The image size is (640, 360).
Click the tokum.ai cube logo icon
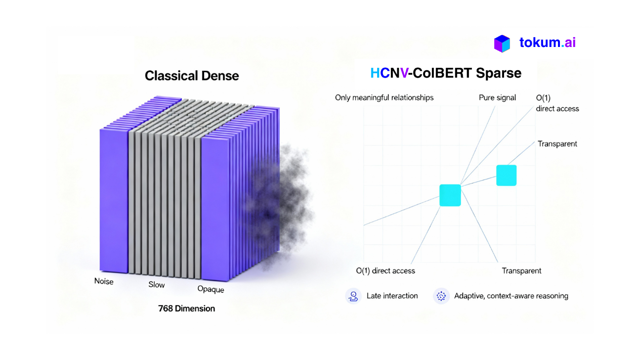[502, 44]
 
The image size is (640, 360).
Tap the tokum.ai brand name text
[548, 43]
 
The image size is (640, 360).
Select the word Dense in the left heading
[220, 76]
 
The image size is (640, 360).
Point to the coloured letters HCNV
[389, 73]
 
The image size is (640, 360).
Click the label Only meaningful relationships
[384, 98]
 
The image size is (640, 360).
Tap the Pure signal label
[498, 98]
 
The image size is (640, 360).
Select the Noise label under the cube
[104, 281]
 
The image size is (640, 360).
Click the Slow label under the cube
[157, 284]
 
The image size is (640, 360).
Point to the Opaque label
[211, 289]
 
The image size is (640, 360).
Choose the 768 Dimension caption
[187, 309]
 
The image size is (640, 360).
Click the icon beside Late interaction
[353, 296]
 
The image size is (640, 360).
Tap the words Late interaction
[392, 296]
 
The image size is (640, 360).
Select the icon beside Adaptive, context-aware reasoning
[441, 296]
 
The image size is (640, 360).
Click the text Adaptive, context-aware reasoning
[511, 296]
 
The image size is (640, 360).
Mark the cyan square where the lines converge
[450, 195]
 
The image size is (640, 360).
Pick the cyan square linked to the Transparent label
[506, 175]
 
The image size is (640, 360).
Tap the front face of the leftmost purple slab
[114, 201]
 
